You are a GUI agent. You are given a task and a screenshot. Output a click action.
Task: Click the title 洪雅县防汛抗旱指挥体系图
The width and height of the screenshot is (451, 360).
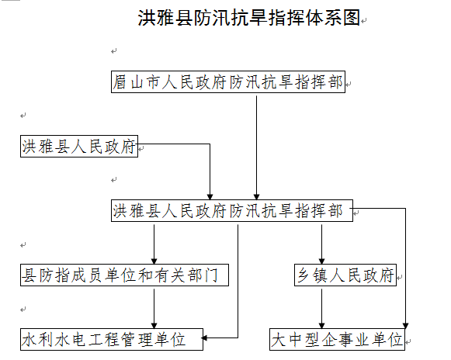click(249, 18)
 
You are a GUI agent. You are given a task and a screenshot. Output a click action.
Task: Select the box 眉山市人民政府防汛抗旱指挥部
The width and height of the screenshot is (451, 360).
click(228, 82)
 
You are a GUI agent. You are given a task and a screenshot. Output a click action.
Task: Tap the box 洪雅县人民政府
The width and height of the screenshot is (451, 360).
click(79, 147)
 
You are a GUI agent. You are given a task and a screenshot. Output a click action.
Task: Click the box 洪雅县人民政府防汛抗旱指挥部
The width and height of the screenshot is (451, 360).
click(232, 211)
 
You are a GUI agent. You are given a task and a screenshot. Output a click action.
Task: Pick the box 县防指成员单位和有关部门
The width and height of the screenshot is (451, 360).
click(124, 275)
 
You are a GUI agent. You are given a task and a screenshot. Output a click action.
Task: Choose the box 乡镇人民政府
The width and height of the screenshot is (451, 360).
click(345, 275)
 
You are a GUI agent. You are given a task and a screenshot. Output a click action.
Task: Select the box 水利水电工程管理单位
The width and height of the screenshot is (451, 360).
click(112, 340)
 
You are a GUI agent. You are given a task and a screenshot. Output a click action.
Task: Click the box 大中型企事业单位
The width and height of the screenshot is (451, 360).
click(337, 340)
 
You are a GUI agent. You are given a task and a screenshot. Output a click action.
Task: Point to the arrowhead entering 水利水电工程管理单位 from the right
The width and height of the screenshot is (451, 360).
click(204, 337)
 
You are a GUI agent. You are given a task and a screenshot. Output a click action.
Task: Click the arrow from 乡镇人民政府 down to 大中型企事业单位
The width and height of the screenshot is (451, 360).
click(321, 309)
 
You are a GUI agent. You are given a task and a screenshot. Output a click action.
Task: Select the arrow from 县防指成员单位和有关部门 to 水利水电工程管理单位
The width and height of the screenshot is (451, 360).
click(154, 309)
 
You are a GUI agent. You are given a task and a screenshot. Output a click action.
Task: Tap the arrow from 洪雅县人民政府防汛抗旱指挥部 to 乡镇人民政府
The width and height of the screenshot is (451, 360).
click(321, 244)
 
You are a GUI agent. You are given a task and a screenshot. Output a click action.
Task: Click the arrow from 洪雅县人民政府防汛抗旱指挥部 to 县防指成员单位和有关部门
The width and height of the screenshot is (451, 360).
click(154, 244)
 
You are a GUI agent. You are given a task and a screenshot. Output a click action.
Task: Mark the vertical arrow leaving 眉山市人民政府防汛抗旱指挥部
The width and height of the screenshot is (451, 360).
click(256, 147)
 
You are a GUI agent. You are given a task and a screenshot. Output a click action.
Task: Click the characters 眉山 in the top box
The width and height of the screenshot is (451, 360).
click(128, 82)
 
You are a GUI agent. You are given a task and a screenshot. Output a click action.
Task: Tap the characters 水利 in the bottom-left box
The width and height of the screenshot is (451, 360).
click(37, 340)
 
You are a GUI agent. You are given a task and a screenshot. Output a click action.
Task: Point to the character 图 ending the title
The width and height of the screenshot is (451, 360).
click(352, 18)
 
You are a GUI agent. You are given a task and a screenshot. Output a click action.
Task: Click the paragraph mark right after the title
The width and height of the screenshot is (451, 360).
click(364, 21)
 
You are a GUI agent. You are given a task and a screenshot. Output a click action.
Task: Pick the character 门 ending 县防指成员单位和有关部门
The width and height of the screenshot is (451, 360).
click(211, 275)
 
